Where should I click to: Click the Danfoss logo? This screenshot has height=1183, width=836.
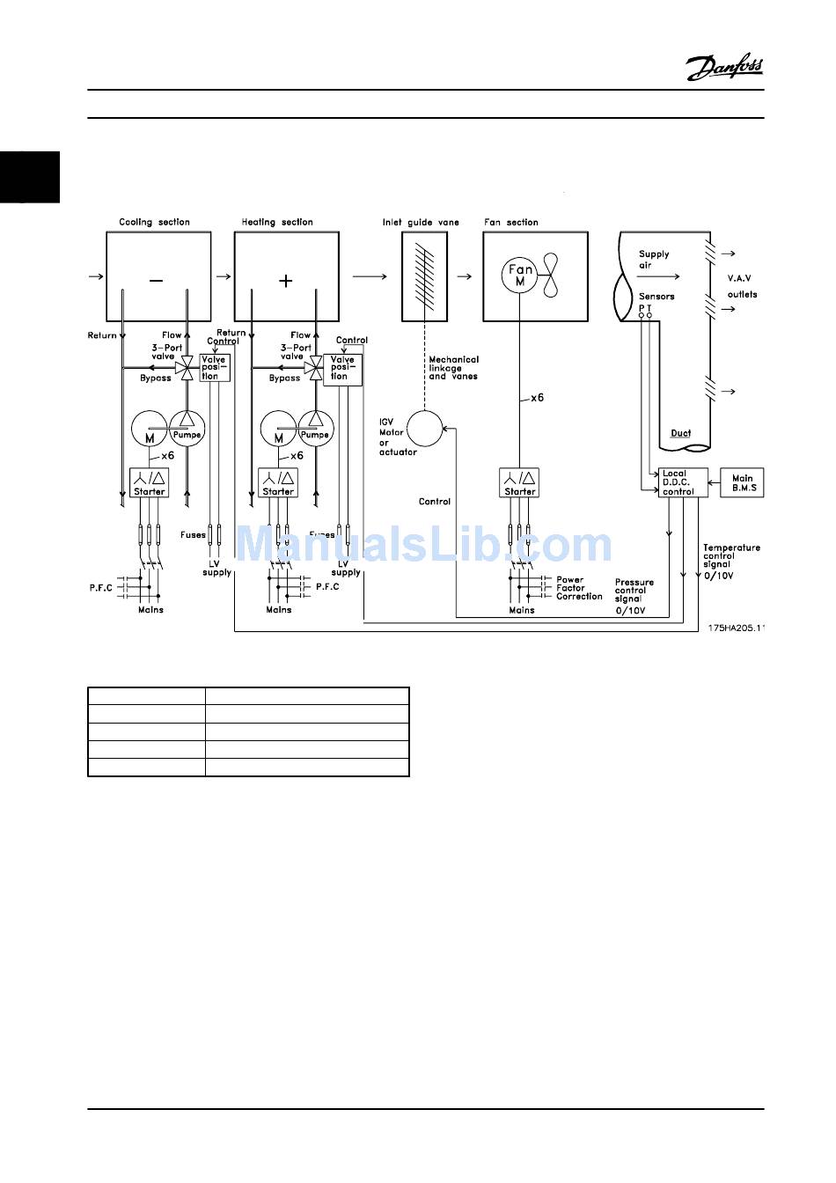(x=724, y=68)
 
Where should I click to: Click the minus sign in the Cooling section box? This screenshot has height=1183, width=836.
(x=156, y=281)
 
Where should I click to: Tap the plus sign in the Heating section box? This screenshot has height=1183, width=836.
(x=285, y=281)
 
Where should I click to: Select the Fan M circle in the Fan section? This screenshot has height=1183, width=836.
(x=520, y=276)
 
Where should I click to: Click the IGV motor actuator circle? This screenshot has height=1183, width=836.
(x=424, y=430)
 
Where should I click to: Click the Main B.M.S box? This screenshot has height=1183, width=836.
(x=743, y=482)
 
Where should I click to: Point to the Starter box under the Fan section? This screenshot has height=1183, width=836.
(x=519, y=482)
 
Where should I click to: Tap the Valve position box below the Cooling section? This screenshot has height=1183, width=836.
(x=214, y=368)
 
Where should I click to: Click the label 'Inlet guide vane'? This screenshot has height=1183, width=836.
(x=421, y=223)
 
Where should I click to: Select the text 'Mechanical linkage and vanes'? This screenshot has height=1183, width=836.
(x=453, y=368)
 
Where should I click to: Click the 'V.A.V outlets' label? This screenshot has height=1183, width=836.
(x=741, y=286)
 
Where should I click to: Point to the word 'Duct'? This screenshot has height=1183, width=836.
(x=680, y=433)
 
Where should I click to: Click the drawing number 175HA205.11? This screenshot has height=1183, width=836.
(x=737, y=628)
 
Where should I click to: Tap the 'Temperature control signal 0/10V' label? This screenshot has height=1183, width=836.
(x=730, y=562)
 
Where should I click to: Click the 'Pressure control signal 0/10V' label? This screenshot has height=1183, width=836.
(x=634, y=596)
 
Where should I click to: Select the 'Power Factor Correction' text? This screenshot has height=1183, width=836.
(x=578, y=588)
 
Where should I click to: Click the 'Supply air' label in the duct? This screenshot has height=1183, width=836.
(x=653, y=259)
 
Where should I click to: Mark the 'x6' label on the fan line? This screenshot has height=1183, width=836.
(x=536, y=398)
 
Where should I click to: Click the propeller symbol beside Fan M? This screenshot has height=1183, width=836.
(x=551, y=276)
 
